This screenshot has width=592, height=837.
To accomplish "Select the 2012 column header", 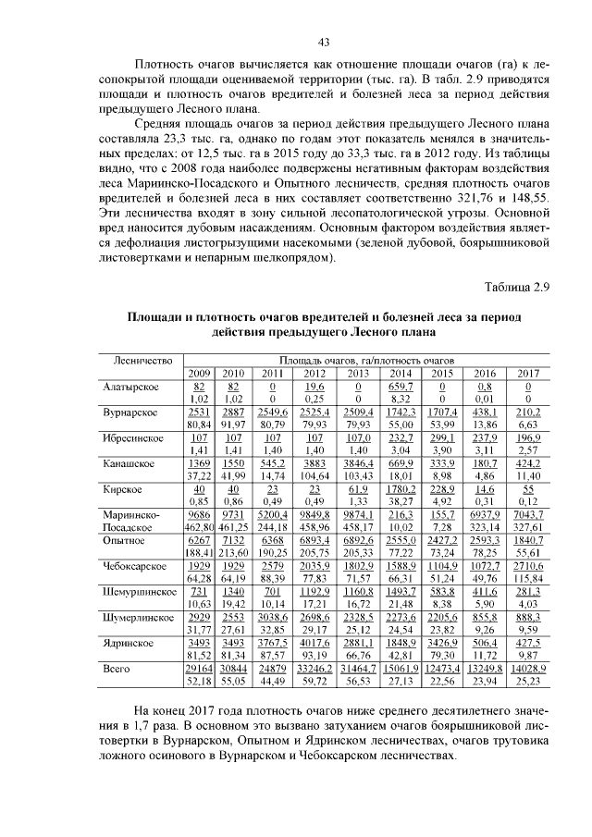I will click(314, 372).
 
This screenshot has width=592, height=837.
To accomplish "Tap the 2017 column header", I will click(530, 372).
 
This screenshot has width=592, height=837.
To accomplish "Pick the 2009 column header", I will click(199, 372).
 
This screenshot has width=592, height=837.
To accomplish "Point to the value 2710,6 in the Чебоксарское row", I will click(530, 563).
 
